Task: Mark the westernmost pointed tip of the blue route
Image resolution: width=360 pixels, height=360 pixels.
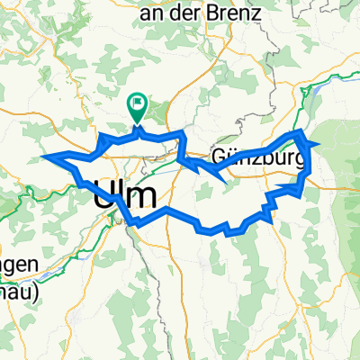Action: pos(42,156)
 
